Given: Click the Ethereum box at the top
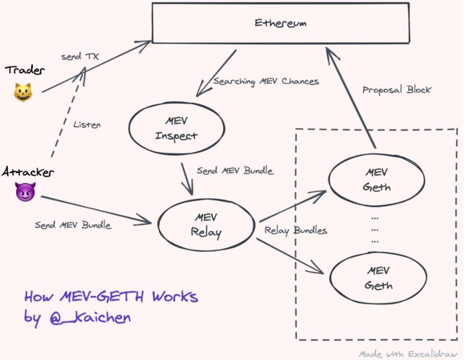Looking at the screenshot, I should (280, 23).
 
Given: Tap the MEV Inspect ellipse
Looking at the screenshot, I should (176, 128).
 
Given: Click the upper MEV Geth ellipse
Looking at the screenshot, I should (377, 180).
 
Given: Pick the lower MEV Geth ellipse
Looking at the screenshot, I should (378, 277).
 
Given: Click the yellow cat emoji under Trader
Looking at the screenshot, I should (23, 92).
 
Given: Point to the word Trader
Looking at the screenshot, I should (25, 70).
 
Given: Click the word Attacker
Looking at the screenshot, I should (28, 171).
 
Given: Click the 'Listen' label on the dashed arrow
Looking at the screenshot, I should (87, 125).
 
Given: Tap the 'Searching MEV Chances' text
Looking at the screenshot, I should (266, 81).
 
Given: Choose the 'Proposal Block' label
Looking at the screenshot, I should (396, 90).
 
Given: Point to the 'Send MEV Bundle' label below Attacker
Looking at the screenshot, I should (73, 225).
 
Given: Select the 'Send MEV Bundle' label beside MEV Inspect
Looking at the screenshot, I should (235, 170).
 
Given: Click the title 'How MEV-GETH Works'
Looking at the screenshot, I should (111, 296).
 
